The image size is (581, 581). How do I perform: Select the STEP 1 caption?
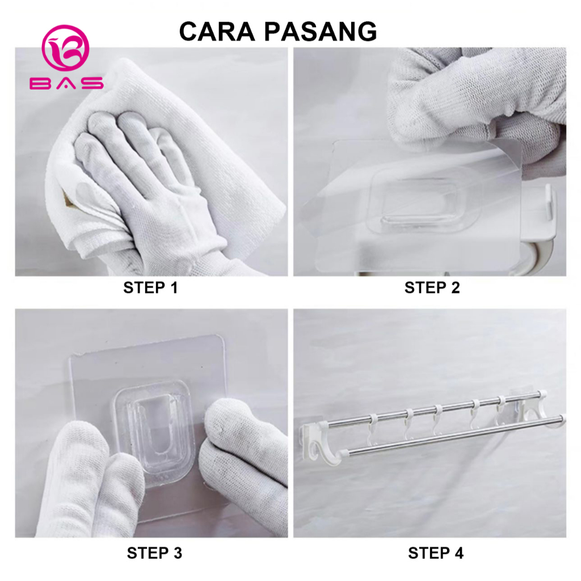coord(150,288)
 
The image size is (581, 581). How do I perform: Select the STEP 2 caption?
coord(432,288)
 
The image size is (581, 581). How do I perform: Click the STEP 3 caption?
coord(154,553)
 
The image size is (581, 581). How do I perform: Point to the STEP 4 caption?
coord(435,553)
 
